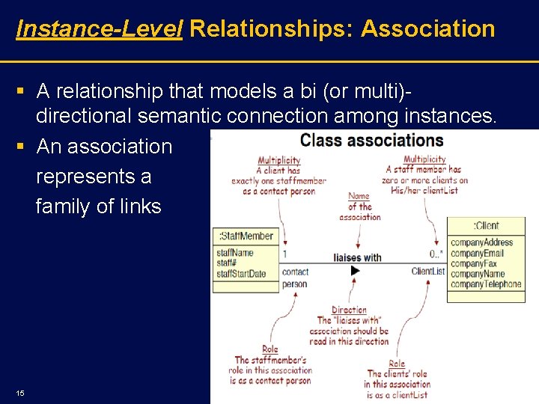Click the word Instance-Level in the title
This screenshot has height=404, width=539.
(99, 28)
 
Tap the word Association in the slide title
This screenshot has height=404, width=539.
(427, 28)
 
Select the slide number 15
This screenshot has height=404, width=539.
(19, 393)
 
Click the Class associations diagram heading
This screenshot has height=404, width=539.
(371, 141)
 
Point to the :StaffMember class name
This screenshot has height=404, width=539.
(246, 236)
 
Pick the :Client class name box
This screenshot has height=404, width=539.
(486, 226)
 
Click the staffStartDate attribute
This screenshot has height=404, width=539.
(241, 274)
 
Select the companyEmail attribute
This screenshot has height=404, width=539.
(478, 253)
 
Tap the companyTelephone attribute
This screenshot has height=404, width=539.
(486, 284)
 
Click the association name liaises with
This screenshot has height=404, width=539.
(357, 257)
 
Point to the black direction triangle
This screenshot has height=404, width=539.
(356, 271)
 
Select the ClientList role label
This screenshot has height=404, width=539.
(428, 271)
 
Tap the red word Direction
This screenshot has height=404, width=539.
(349, 310)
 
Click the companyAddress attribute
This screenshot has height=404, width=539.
(481, 242)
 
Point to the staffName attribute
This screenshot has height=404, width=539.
(235, 254)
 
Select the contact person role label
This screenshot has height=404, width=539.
(295, 278)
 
